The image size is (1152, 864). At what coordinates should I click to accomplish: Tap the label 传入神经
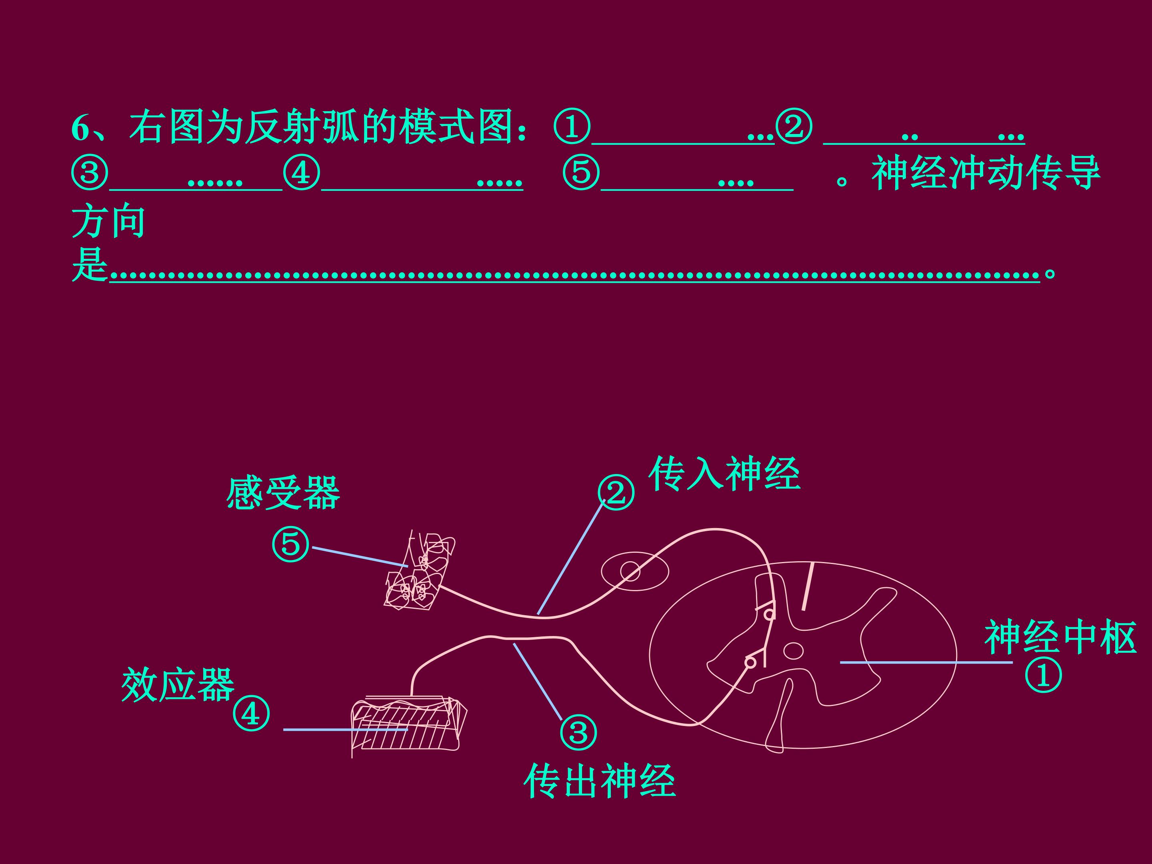724,474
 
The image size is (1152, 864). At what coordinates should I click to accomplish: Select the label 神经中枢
1060,638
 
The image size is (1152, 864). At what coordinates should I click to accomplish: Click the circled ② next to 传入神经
616,492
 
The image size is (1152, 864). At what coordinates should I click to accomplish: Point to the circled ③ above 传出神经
578,732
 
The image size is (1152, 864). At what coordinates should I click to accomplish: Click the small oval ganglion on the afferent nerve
635,571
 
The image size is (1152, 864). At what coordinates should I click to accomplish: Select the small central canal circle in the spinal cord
794,650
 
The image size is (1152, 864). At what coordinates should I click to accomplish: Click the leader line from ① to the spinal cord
926,662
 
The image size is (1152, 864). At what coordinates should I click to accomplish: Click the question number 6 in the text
80,128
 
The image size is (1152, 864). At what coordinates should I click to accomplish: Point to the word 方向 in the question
108,221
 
